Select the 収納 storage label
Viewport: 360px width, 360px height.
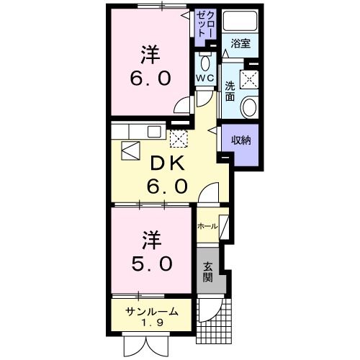point(240,140)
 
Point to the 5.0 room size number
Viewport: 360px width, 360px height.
point(150,264)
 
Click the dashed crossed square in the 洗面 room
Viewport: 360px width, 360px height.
point(248,78)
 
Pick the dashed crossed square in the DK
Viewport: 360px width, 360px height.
point(178,137)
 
